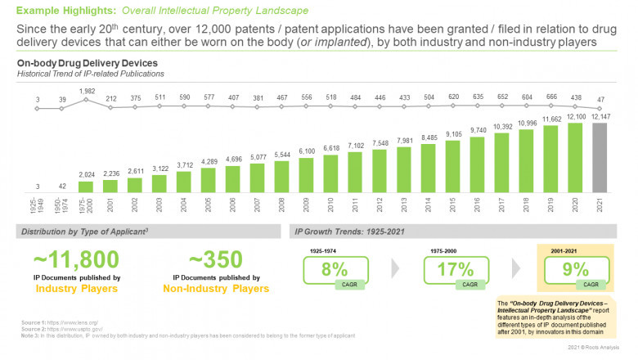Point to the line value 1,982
point(88,91)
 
